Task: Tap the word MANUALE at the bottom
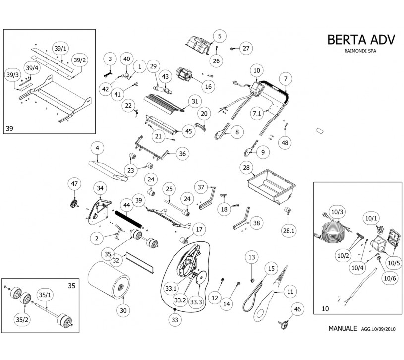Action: pyautogui.click(x=343, y=328)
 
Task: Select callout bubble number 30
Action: pyautogui.click(x=123, y=310)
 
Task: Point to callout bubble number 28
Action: pyautogui.click(x=246, y=168)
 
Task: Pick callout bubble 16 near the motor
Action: pyautogui.click(x=208, y=86)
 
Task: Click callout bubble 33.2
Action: pyautogui.click(x=179, y=300)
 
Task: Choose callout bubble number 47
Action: pyautogui.click(x=74, y=184)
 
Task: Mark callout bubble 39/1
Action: pyautogui.click(x=60, y=47)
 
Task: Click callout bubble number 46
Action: pyautogui.click(x=297, y=309)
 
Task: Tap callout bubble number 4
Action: pyautogui.click(x=97, y=148)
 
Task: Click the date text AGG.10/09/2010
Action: pyautogui.click(x=378, y=329)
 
